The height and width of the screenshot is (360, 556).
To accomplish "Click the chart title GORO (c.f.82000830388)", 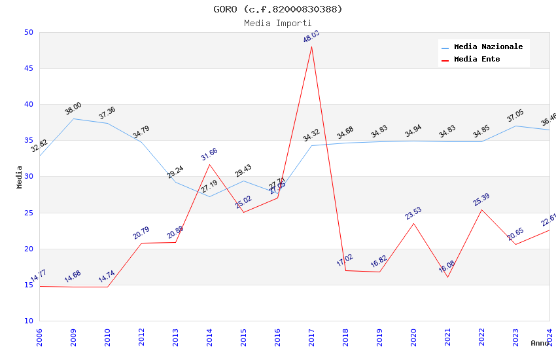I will pyautogui.click(x=278, y=9).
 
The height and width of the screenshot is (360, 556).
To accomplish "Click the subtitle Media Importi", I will pyautogui.click(x=278, y=24).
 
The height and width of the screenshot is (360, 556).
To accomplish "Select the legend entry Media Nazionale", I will pyautogui.click(x=488, y=47).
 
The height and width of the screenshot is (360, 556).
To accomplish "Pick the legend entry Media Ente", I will pyautogui.click(x=477, y=60).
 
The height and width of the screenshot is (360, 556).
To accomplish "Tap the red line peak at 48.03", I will pyautogui.click(x=311, y=46).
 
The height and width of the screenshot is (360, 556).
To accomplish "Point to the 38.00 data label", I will pyautogui.click(x=73, y=108).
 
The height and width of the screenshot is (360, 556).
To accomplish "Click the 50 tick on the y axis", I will pyautogui.click(x=28, y=32).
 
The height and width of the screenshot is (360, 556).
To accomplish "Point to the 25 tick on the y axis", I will pyautogui.click(x=28, y=213).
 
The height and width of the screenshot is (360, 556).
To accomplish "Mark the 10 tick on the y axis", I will pyautogui.click(x=28, y=321).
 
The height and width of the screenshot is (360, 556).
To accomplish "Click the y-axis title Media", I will pyautogui.click(x=20, y=177).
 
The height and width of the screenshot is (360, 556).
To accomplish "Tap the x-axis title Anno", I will pyautogui.click(x=540, y=343).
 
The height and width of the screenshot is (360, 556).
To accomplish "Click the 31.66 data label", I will pyautogui.click(x=209, y=154).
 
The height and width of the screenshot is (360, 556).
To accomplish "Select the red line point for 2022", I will pyautogui.click(x=481, y=209).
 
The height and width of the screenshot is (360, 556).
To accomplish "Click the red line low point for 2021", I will pyautogui.click(x=447, y=277).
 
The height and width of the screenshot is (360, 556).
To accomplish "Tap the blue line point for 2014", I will pyautogui.click(x=209, y=196).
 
